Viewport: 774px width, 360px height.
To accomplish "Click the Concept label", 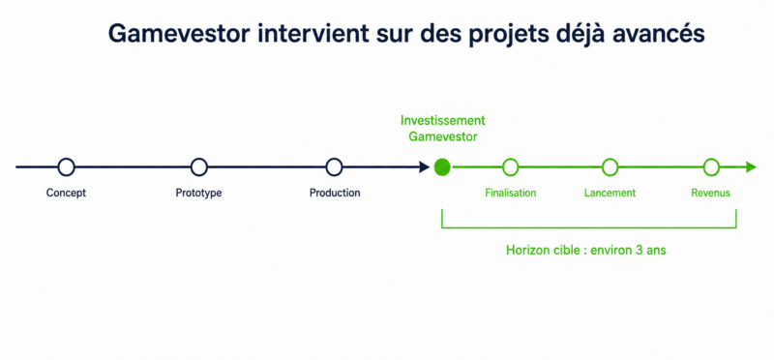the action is point(66,193).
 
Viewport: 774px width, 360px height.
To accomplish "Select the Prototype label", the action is point(198,193).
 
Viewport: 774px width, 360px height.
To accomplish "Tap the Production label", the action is point(335,193).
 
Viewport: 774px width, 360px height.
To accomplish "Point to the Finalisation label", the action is point(511,193).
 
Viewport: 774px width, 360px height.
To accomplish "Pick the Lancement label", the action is point(610,193).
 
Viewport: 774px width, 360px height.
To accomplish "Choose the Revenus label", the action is point(710,193).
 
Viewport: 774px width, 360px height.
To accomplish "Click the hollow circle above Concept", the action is point(66,159).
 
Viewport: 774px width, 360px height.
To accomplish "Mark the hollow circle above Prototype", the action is point(199,159).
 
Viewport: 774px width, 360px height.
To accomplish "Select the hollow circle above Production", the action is point(334,159).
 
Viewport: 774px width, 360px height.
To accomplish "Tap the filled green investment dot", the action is point(442,167).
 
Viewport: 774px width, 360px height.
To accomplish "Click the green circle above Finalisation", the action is point(511,160).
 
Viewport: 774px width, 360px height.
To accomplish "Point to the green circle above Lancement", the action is point(610,160).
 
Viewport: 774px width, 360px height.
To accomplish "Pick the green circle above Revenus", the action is point(711,160).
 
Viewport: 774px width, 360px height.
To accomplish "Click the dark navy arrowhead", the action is point(425,167).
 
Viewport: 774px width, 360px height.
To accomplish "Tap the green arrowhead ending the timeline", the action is point(751,167).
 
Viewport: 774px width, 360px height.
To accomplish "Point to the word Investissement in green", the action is point(443,120).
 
